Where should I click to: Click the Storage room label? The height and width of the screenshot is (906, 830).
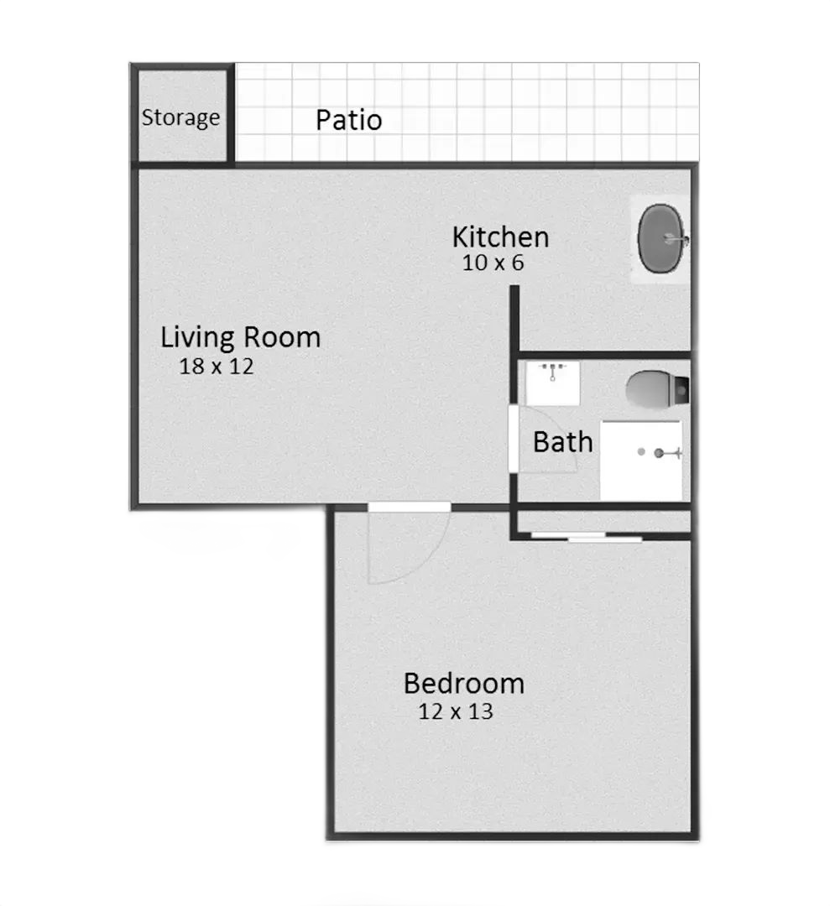click(181, 118)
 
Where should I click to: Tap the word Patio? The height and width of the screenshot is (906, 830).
click(349, 120)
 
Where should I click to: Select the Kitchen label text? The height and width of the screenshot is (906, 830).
click(500, 237)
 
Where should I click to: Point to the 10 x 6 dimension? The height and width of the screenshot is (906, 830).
click(493, 263)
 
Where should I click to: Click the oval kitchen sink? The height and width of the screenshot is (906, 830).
click(662, 238)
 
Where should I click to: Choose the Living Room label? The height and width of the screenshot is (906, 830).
click(241, 337)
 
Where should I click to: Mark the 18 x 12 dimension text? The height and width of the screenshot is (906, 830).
click(217, 367)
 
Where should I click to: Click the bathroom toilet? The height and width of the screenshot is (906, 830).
click(657, 390)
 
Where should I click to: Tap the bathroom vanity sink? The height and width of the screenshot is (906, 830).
click(552, 383)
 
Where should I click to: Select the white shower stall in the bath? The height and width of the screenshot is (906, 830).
click(641, 461)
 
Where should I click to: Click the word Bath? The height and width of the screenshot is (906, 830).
click(563, 443)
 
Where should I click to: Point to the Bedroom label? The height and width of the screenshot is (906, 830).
click(464, 684)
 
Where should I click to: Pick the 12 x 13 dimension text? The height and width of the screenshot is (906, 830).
click(456, 711)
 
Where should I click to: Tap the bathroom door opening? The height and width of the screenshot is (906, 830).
click(513, 439)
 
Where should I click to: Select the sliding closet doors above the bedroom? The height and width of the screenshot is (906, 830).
click(586, 538)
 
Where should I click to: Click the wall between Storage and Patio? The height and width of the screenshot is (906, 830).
click(231, 113)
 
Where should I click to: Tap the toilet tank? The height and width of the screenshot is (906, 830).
click(681, 391)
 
